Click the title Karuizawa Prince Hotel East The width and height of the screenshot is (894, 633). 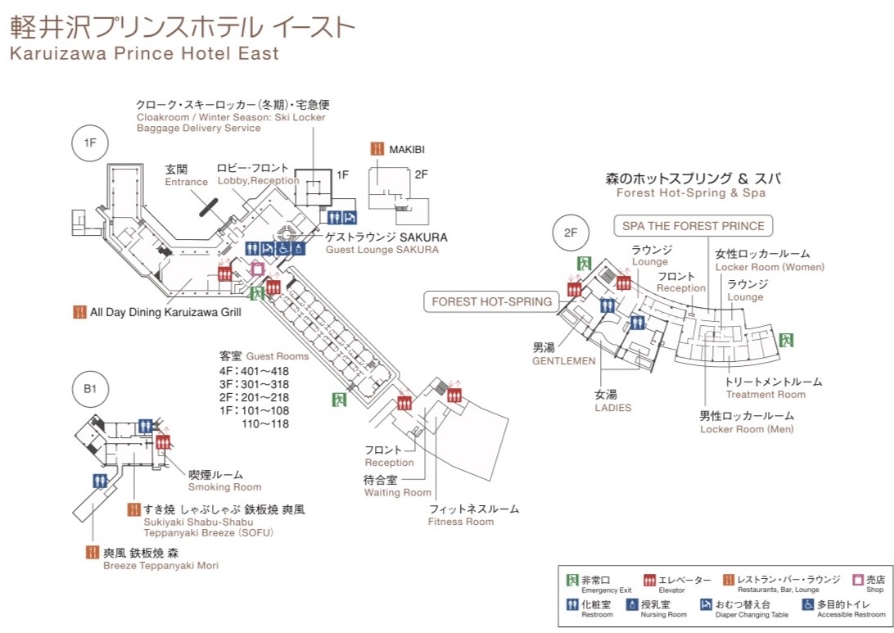tap(144, 54)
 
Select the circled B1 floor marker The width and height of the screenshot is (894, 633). tap(91, 389)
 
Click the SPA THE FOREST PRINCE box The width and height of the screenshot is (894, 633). tap(693, 226)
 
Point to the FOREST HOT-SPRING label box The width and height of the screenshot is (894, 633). tap(491, 301)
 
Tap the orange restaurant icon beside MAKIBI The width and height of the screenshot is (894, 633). tap(377, 149)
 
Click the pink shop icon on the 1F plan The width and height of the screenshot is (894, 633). tap(257, 269)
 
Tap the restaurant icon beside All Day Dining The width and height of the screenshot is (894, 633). tap(80, 311)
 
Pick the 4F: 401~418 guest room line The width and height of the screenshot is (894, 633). tap(254, 371)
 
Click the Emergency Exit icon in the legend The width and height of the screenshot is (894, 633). tap(573, 580)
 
